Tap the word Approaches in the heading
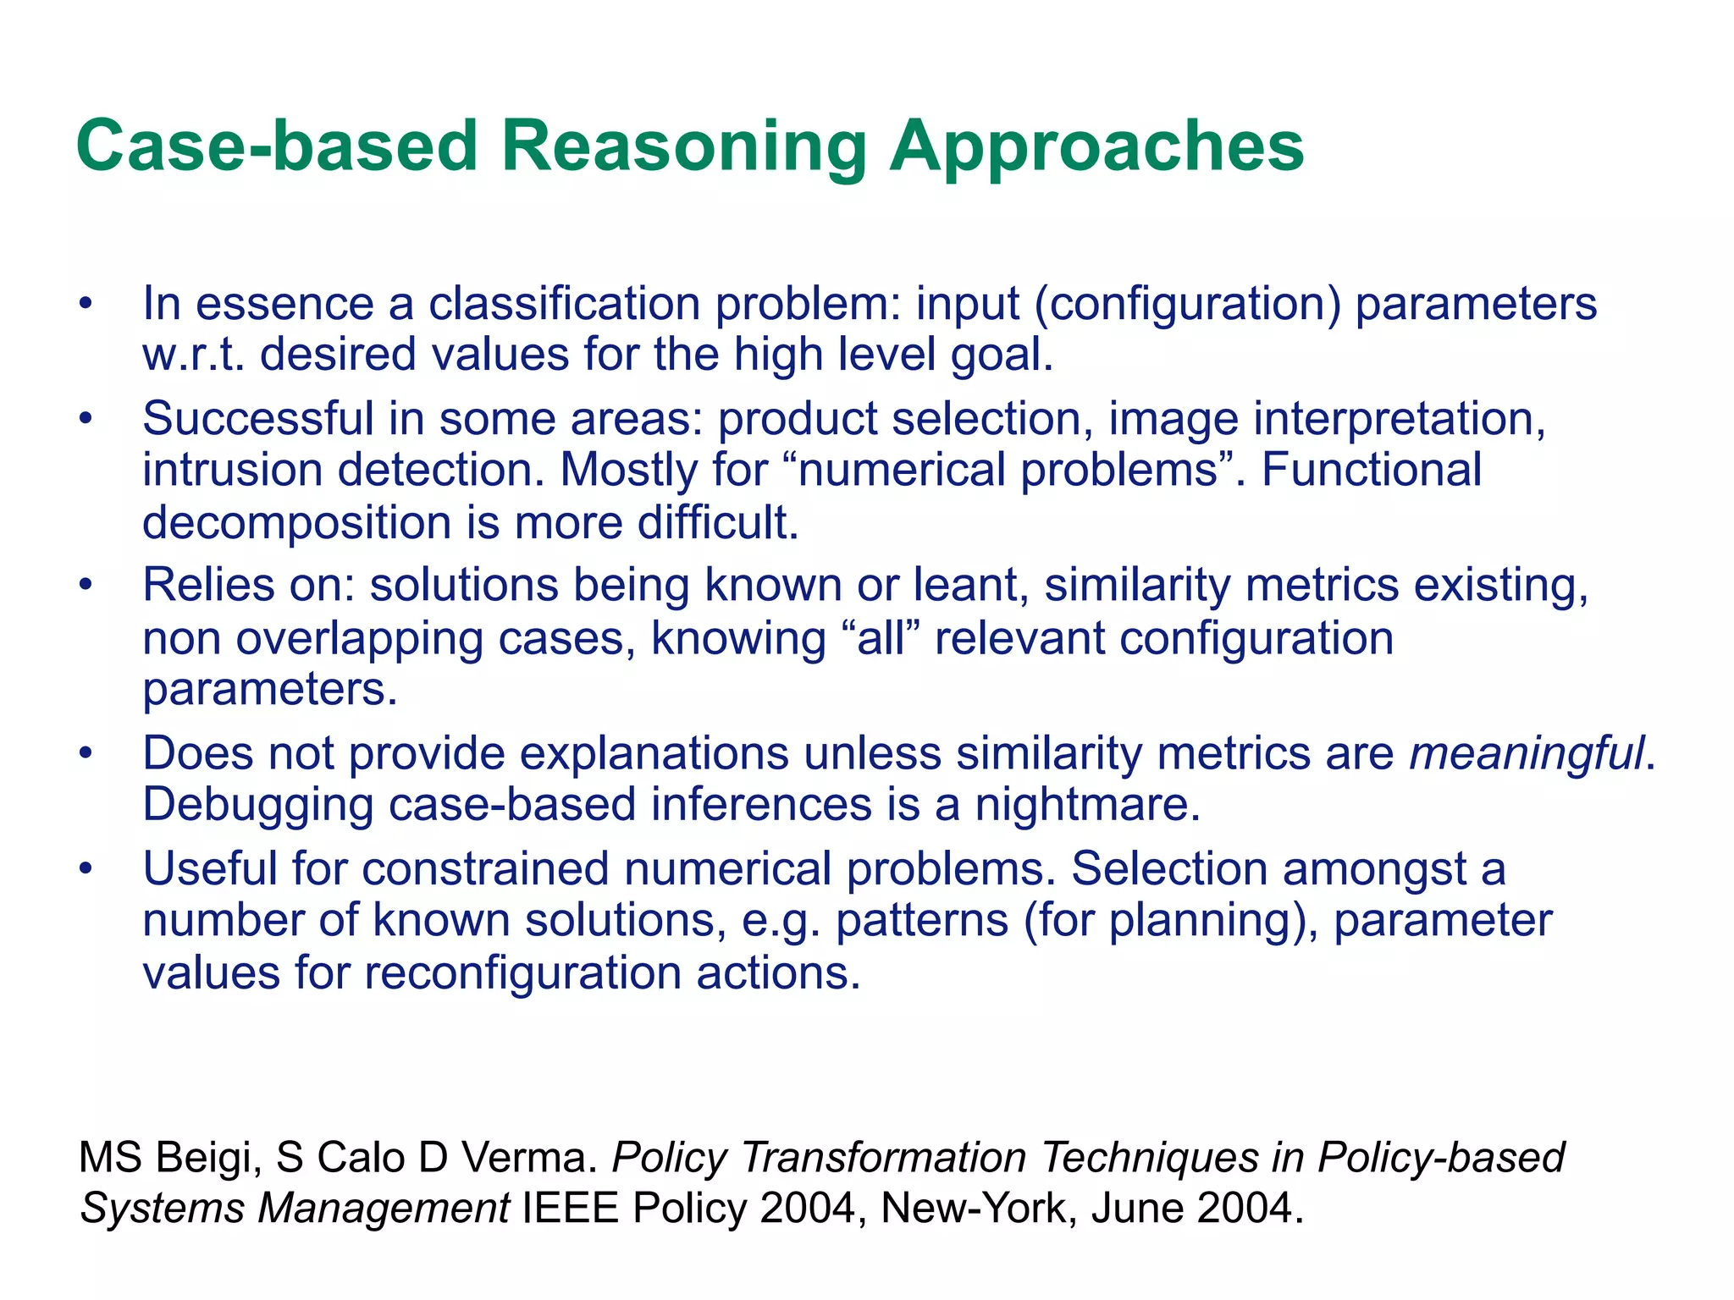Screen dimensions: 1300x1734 tap(1096, 146)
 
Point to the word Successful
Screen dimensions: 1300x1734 tap(257, 419)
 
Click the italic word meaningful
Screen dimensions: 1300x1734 tap(1527, 752)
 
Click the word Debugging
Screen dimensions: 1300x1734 tap(257, 804)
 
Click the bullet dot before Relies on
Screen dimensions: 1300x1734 tap(84, 585)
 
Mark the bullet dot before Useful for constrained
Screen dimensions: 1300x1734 tap(84, 869)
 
